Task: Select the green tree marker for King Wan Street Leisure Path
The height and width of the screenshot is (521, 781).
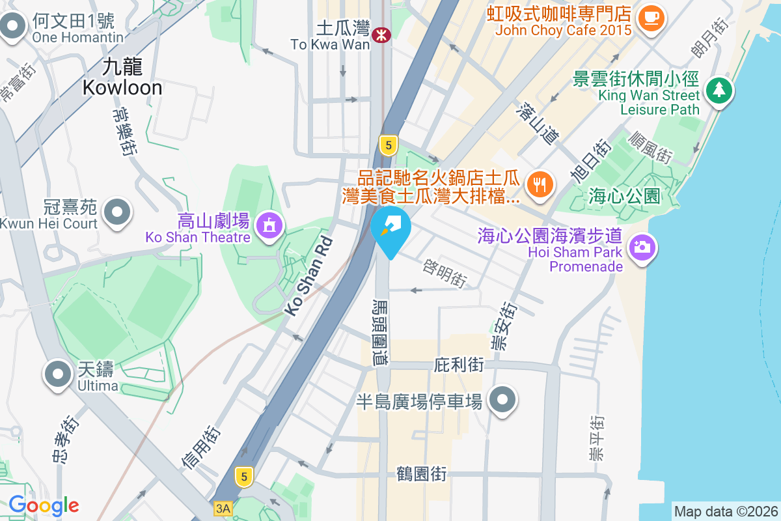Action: [x=719, y=91]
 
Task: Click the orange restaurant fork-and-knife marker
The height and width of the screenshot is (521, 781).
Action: [x=539, y=184]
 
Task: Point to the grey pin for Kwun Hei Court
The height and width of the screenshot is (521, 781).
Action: [x=118, y=212]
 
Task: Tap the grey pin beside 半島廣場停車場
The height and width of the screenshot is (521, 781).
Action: [x=502, y=399]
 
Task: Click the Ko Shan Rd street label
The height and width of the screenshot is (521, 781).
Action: [x=310, y=276]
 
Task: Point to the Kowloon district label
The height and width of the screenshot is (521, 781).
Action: [x=122, y=77]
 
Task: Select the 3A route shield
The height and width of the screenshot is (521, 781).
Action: [x=223, y=507]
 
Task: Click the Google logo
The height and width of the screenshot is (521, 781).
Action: [x=44, y=505]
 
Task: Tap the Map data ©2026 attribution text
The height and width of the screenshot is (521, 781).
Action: [x=726, y=511]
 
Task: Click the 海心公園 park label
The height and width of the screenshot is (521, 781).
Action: [x=624, y=195]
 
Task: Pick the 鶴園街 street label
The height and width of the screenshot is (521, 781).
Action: [x=421, y=474]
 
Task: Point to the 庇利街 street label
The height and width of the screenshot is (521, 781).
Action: [x=459, y=365]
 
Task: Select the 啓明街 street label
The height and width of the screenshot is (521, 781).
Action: [x=445, y=274]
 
